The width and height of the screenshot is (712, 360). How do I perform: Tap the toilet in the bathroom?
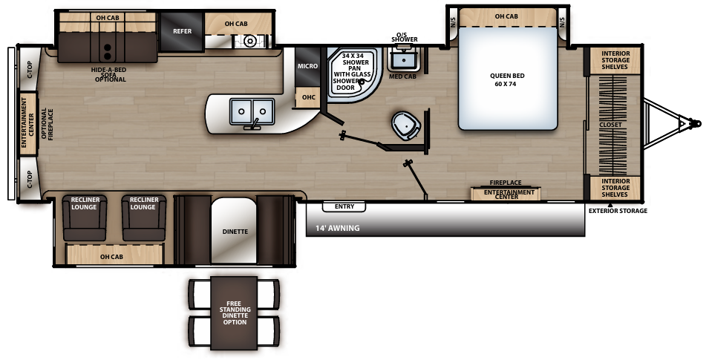coord(406,125)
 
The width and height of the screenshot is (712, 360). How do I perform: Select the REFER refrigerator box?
coord(182,32)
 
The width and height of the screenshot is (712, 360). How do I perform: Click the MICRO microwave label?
coord(308,67)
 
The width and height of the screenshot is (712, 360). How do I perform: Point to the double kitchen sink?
coord(249,112)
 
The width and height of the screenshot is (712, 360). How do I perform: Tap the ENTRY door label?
coord(344,206)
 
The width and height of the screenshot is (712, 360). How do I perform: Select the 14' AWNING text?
coord(338,228)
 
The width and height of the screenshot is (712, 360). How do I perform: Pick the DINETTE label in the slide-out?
coord(235,232)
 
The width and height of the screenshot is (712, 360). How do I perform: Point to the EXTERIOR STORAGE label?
coord(618,211)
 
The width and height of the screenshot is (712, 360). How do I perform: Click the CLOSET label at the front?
coord(611,125)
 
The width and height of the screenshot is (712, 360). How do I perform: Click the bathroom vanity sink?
coord(404,56)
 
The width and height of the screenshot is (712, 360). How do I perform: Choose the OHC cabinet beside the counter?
coord(307,97)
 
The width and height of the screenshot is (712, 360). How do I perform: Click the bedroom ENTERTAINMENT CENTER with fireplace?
coord(509,194)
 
